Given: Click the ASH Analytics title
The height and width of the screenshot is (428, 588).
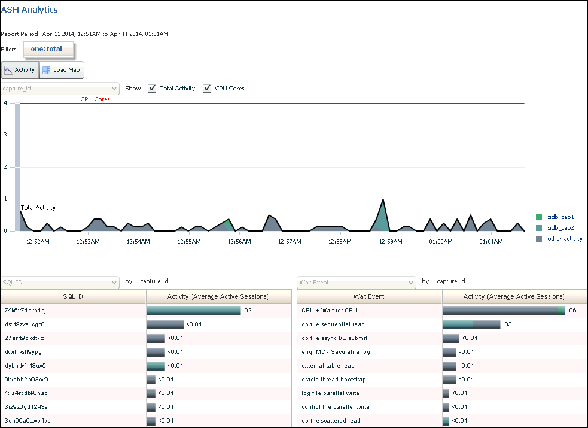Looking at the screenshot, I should [29, 10].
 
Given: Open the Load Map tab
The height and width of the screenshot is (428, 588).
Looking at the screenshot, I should [62, 70].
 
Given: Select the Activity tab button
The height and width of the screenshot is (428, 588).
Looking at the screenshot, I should [20, 70].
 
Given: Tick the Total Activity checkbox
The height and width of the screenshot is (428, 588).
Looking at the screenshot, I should [152, 89].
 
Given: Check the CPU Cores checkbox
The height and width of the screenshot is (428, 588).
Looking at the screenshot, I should [207, 89].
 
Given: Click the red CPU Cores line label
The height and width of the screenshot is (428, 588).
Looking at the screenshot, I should [95, 99].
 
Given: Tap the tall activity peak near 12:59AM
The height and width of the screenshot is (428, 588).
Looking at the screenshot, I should [382, 201].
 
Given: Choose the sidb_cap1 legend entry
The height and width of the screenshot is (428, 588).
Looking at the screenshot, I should [560, 217].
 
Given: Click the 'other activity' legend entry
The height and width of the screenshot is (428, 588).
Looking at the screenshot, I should [564, 238].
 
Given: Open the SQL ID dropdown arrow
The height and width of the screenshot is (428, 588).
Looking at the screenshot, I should [114, 281].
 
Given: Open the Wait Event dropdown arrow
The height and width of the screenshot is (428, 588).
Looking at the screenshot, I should [410, 281].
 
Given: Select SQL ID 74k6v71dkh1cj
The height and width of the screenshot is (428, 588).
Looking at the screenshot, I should [25, 311].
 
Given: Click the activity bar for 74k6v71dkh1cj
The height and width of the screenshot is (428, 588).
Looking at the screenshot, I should [193, 311].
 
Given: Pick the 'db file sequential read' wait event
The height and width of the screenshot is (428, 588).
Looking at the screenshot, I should [333, 324].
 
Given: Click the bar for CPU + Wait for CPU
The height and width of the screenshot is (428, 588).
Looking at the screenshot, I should [503, 311].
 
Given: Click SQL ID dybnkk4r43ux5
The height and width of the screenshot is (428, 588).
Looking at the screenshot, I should [26, 366].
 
